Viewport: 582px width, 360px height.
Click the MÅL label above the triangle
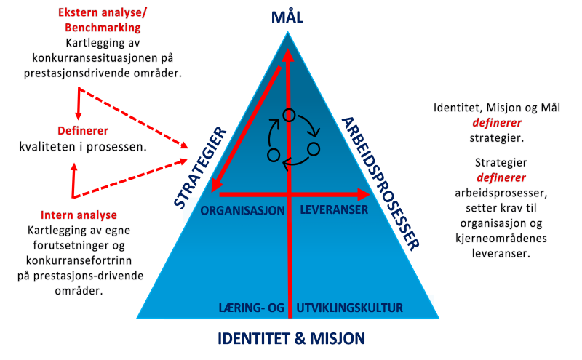[x=287, y=16]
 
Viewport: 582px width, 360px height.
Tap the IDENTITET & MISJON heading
[x=292, y=338]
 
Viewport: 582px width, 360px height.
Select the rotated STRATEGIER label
[x=199, y=168]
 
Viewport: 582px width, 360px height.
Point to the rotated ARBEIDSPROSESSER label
[x=380, y=184]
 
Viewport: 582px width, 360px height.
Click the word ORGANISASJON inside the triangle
[x=243, y=210]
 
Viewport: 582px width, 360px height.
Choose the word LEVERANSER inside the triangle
[x=334, y=209]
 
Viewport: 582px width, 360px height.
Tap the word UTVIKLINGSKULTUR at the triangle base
[x=350, y=308]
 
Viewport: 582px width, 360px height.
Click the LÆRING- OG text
[x=251, y=308]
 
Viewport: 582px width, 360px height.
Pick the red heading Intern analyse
[x=79, y=215]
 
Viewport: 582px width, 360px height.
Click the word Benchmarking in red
[x=103, y=28]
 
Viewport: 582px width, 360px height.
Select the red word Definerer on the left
[x=83, y=131]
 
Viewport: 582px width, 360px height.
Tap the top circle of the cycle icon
[x=289, y=116]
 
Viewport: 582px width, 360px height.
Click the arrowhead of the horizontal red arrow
[x=364, y=194]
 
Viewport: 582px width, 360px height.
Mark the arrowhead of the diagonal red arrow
[x=215, y=185]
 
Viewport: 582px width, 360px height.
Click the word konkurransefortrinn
[x=79, y=260]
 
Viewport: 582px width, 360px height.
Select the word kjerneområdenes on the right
[x=501, y=238]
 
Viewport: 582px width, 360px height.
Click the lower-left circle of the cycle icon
[x=274, y=155]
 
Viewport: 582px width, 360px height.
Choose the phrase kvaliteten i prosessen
[x=83, y=147]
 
